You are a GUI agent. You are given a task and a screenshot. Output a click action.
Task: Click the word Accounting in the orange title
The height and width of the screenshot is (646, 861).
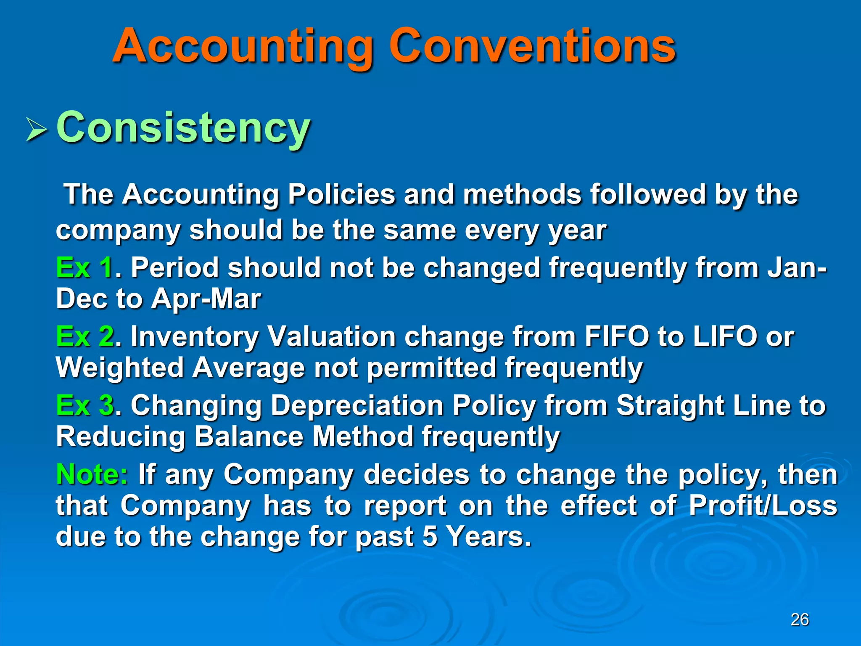[243, 46]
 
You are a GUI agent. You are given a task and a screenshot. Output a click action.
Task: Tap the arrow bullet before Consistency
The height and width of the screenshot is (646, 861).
[36, 130]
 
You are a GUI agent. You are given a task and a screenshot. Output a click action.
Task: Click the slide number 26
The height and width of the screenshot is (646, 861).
[800, 620]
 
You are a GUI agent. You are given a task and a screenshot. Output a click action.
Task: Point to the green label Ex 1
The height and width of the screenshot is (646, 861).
[84, 267]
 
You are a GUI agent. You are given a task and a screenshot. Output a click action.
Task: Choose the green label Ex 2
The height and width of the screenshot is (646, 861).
[84, 337]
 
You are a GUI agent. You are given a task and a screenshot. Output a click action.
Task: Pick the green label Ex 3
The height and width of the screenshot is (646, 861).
[84, 405]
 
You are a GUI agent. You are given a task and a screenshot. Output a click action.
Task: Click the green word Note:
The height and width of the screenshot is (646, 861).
[92, 474]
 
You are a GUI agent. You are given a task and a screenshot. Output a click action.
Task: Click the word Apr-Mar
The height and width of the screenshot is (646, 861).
[206, 299]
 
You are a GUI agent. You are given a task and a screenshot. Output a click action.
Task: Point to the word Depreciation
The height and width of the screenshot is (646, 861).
[357, 405]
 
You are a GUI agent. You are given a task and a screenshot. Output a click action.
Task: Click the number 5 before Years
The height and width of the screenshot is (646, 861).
[430, 537]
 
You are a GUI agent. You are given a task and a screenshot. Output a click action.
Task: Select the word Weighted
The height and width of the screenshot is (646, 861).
[120, 368]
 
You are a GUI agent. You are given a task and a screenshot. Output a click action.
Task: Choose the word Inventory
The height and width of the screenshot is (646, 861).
[194, 337]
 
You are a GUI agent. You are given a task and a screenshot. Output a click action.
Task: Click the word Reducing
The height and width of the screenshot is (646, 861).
[120, 437]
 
